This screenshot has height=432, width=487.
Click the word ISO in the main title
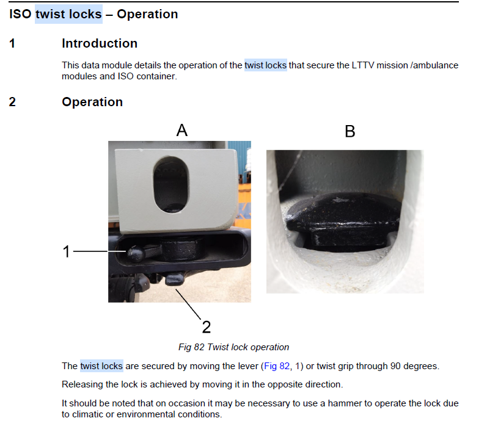coord(20,14)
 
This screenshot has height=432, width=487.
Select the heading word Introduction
coord(100,43)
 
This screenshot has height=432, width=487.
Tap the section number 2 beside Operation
coord(12,102)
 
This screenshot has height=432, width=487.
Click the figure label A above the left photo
coord(182,130)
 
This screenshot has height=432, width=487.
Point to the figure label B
coord(350,131)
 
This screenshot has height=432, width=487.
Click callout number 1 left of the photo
coord(66,251)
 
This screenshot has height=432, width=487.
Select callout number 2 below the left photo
coord(207,327)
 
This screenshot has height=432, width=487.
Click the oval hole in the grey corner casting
coord(171,184)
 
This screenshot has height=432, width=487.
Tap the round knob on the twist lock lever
coord(136,254)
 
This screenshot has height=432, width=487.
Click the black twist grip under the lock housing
coord(174,278)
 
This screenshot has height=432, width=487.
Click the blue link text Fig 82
coord(277,366)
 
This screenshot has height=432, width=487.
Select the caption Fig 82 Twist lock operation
coord(233,347)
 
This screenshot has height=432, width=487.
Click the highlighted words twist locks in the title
coord(68,14)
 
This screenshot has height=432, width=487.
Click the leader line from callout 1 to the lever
coord(100,251)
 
